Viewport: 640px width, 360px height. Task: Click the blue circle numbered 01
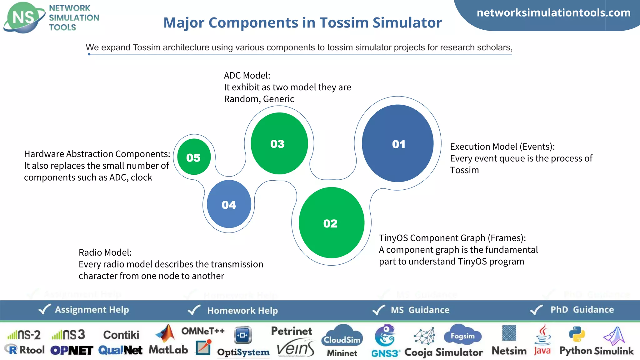pos(397,143)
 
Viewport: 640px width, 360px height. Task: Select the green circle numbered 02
pos(331,223)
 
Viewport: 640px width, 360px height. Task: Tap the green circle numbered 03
pos(279,143)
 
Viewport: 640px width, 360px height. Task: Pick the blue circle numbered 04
pos(229,204)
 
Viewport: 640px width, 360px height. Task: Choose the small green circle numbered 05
pos(194,157)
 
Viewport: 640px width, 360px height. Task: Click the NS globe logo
pos(23,17)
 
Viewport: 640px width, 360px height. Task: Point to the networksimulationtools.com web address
pos(553,13)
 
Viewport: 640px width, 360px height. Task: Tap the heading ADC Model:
pos(247,76)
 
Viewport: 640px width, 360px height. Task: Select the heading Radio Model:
pos(105,252)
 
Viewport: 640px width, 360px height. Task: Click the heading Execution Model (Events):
pos(502,147)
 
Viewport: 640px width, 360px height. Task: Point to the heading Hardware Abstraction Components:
pos(97,154)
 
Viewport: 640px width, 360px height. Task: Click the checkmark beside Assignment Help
pos(44,309)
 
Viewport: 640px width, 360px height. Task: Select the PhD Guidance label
pos(582,310)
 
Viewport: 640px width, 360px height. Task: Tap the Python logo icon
pos(577,334)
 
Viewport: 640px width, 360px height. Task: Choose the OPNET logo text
pos(72,350)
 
